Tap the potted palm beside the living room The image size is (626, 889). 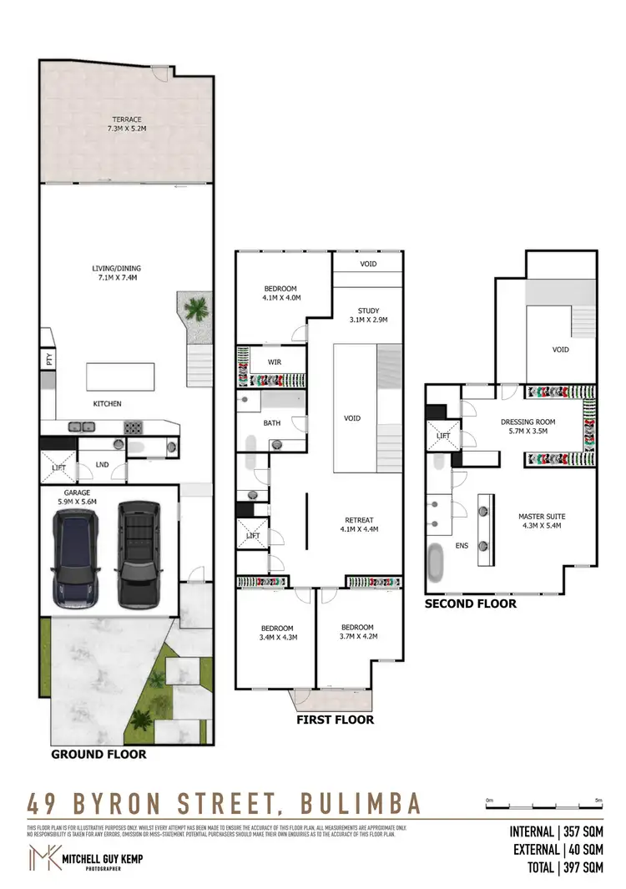pos(196,310)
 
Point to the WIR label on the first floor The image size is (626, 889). pos(273,362)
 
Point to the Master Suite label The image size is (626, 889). pos(542,521)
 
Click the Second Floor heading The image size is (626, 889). pos(470,604)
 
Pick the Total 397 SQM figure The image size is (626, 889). pos(557,868)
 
